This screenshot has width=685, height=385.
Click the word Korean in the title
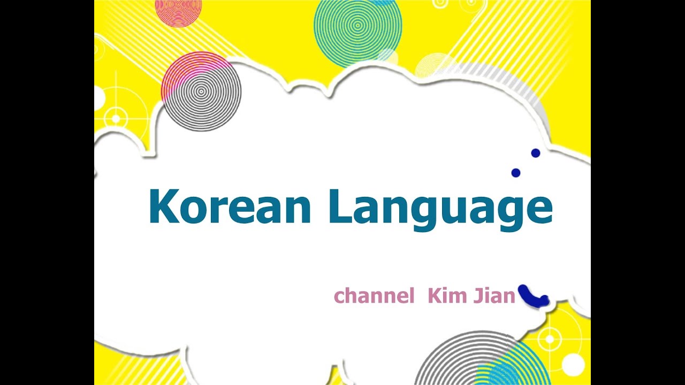click(x=230, y=207)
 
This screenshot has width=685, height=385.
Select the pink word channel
click(x=374, y=296)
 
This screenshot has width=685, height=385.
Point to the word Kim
click(x=447, y=295)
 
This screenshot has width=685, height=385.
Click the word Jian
click(x=494, y=295)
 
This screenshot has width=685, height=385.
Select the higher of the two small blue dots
click(x=535, y=153)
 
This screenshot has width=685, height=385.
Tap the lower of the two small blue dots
click(x=516, y=173)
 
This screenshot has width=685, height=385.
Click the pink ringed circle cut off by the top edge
click(x=178, y=10)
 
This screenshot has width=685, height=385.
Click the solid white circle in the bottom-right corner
click(x=573, y=365)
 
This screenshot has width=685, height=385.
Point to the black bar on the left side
click(x=47, y=192)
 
